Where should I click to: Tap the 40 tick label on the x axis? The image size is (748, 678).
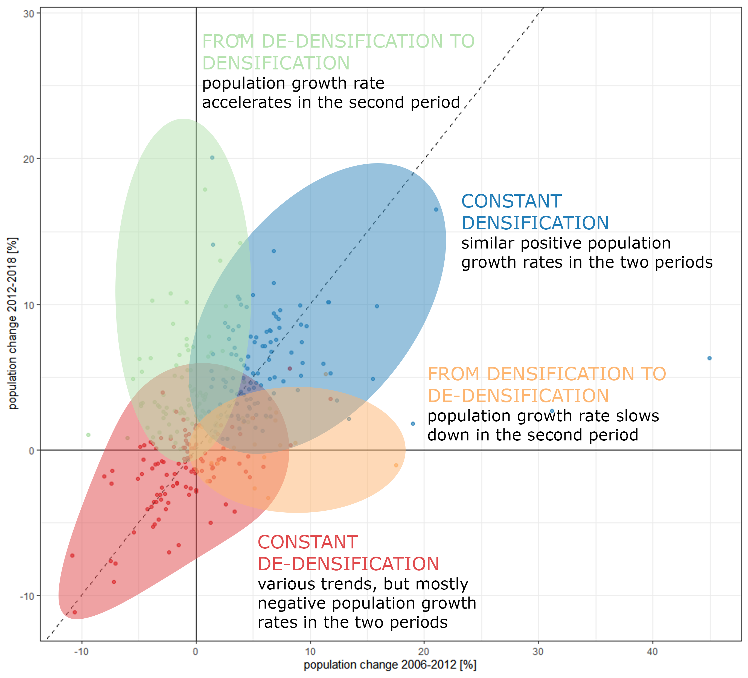point(652,651)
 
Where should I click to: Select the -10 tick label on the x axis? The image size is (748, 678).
point(81,651)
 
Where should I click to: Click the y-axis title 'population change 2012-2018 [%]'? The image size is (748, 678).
point(13,323)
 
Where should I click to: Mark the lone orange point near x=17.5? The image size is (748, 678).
point(396,465)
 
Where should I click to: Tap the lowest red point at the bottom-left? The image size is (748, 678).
point(75,612)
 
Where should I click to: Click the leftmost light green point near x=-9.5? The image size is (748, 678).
point(88,435)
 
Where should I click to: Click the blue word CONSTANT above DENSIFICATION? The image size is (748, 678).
point(511,201)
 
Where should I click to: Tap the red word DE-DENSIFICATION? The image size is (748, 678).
point(348,564)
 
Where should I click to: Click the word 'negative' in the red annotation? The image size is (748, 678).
point(292,603)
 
